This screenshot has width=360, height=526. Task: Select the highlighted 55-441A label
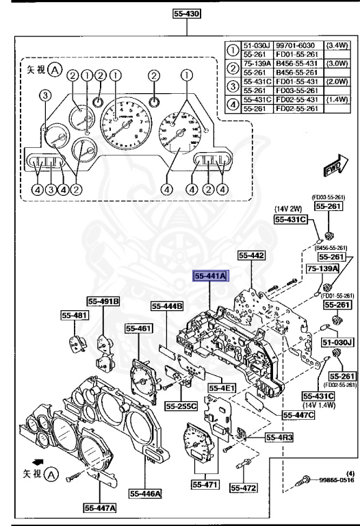point(210,275)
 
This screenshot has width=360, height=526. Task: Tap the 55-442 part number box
point(250,255)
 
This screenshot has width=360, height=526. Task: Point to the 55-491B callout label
point(103,300)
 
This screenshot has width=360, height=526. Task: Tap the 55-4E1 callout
point(221,388)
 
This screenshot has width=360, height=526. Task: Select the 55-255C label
point(181,406)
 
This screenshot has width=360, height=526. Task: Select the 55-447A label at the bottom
point(100,508)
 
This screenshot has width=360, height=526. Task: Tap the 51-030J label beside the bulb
point(337,342)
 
